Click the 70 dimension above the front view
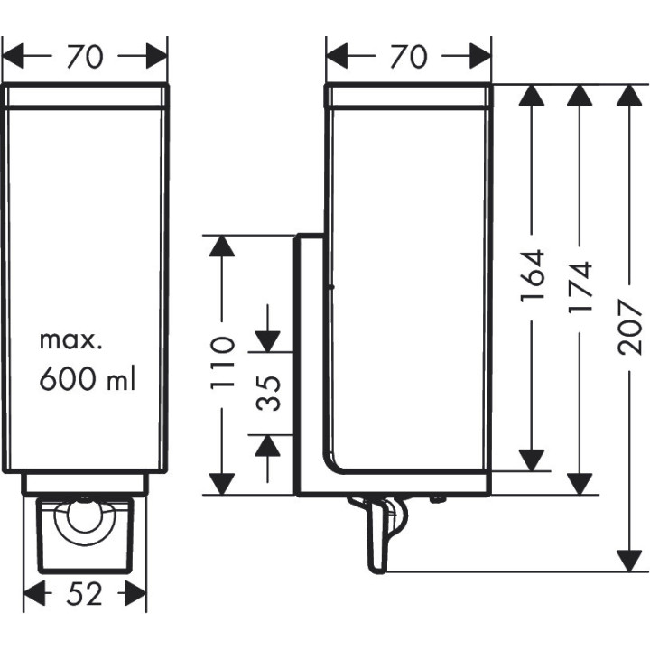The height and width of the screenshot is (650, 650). click(x=84, y=57)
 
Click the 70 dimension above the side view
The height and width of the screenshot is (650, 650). click(x=408, y=57)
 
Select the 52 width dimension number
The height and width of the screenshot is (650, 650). click(x=84, y=594)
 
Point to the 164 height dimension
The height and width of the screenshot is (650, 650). click(x=534, y=275)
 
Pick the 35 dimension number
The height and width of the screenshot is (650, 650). click(x=268, y=393)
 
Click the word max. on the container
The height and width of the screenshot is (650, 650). click(x=72, y=341)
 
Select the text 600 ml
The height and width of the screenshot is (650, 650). click(x=87, y=379)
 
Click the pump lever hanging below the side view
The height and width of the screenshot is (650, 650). click(x=377, y=540)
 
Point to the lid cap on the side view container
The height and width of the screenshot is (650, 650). click(x=408, y=96)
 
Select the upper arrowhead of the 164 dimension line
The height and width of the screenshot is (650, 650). click(x=534, y=97)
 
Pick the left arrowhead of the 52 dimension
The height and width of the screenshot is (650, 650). click(x=32, y=594)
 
